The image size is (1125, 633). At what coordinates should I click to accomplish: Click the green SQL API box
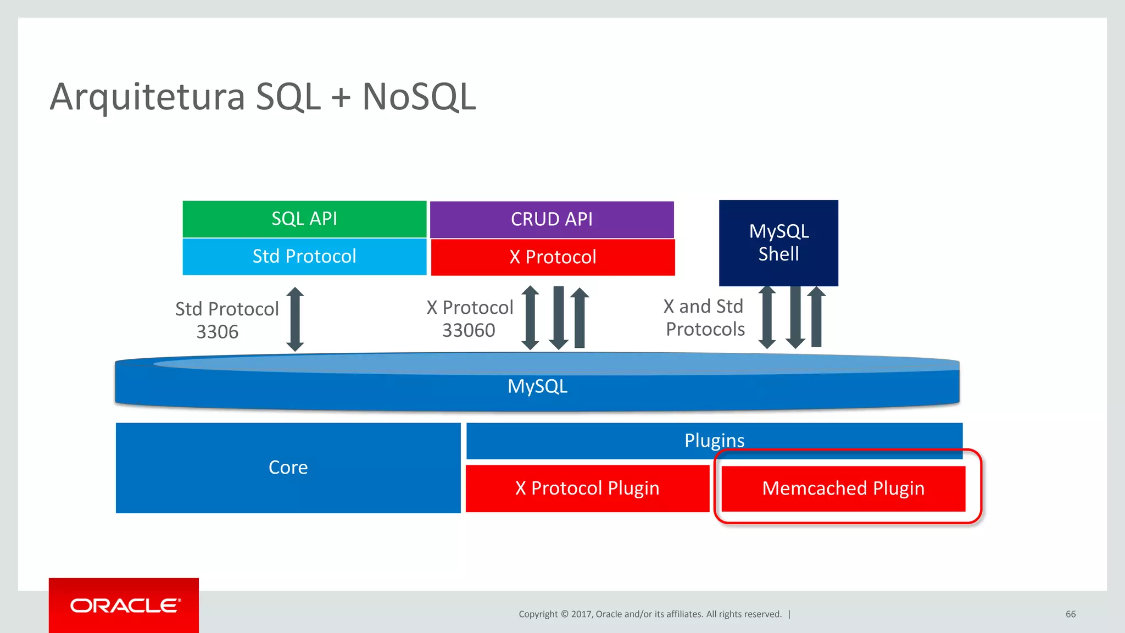(x=304, y=219)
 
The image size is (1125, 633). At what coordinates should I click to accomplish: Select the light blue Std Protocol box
(x=304, y=256)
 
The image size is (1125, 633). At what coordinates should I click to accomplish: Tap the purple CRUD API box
(x=552, y=219)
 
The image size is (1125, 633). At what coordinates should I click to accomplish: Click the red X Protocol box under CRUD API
(x=553, y=257)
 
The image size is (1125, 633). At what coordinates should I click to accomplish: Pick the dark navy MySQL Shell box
(x=778, y=242)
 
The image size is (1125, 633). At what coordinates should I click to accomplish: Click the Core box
(x=288, y=468)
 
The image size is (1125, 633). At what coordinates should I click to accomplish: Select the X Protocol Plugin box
(x=587, y=488)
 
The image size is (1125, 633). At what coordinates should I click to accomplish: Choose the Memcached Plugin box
(x=843, y=488)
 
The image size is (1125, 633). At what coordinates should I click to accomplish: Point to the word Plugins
(x=714, y=440)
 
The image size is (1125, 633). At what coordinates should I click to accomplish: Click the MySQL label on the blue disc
(x=537, y=386)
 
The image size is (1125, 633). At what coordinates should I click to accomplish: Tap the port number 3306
(x=218, y=332)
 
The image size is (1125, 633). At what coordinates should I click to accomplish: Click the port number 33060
(x=469, y=330)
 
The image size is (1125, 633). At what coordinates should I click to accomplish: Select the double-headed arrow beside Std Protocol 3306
(x=295, y=319)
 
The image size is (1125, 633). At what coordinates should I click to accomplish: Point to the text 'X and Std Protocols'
(x=704, y=318)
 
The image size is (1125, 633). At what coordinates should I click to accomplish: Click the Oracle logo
(x=124, y=606)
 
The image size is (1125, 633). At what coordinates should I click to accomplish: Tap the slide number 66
(x=1071, y=614)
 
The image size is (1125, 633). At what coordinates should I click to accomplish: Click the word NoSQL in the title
(x=419, y=97)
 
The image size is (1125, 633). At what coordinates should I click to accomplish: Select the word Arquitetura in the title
(x=147, y=97)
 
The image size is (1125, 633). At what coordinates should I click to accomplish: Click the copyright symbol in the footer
(x=564, y=614)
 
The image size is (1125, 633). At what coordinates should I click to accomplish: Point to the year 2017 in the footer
(x=581, y=614)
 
